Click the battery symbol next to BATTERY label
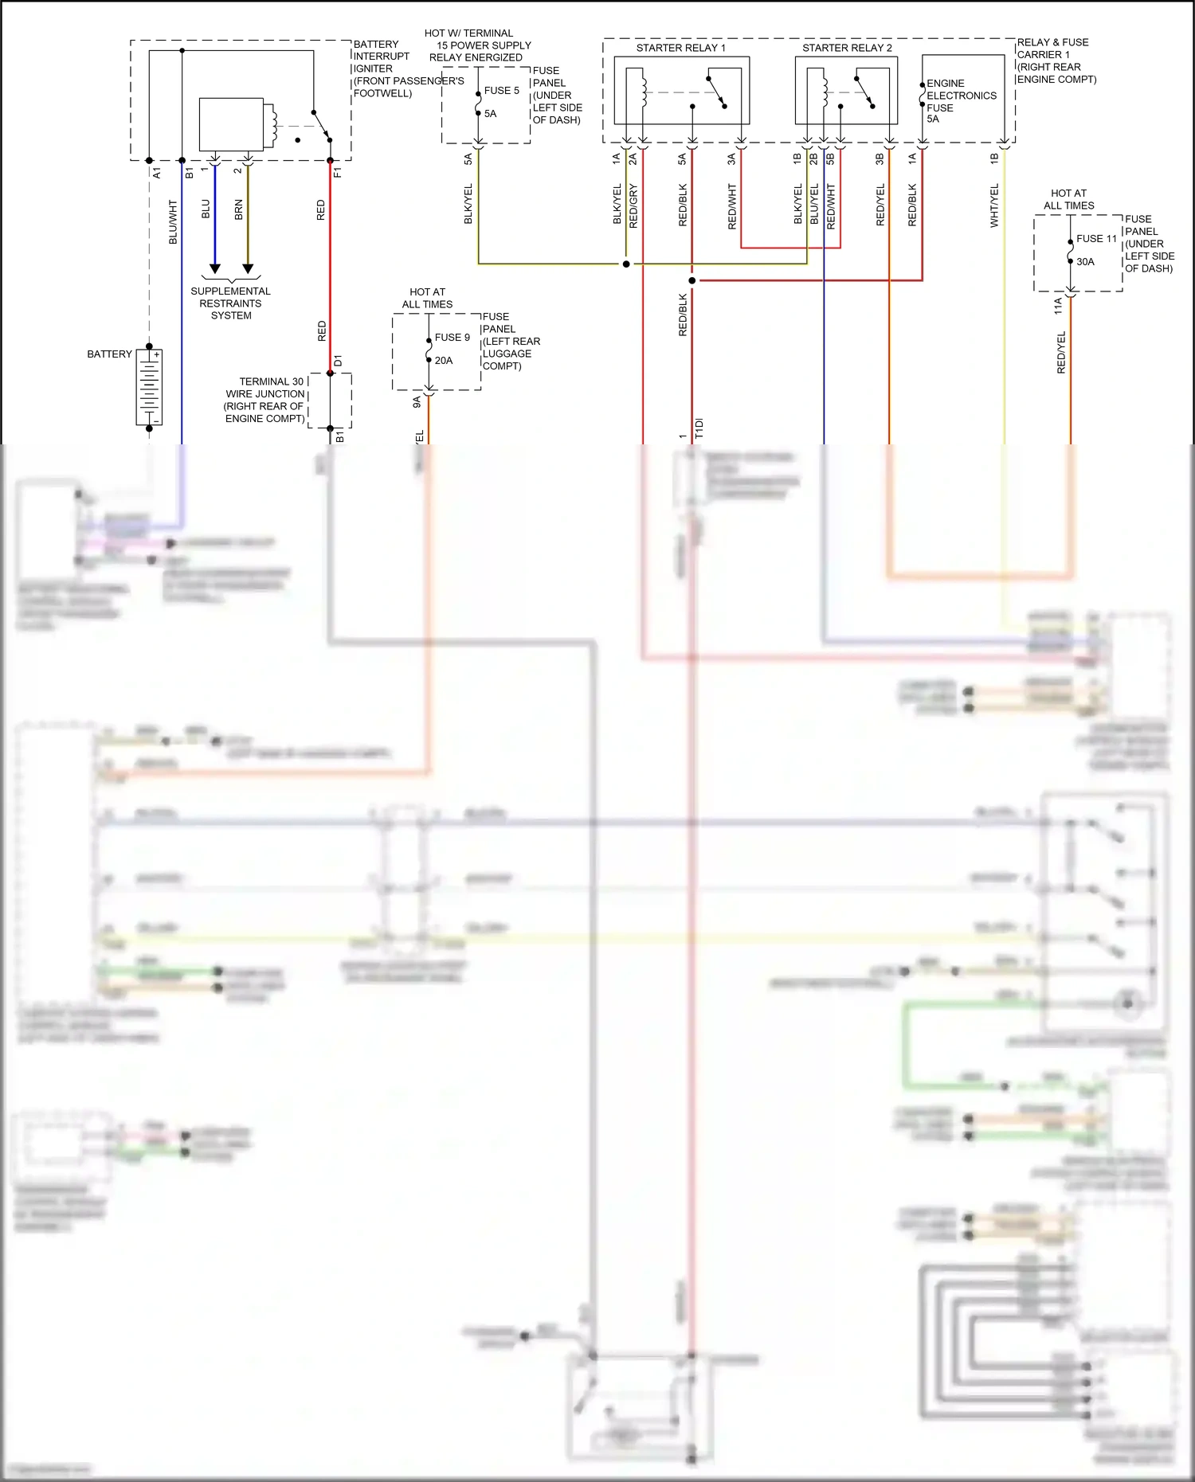pyautogui.click(x=149, y=387)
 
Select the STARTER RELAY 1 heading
pyautogui.click(x=680, y=48)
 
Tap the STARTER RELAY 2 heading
pyautogui.click(x=847, y=48)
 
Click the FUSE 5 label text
pyautogui.click(x=501, y=91)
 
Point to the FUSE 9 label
pyautogui.click(x=452, y=338)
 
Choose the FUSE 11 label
pyautogui.click(x=1096, y=239)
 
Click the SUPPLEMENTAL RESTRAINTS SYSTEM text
pyautogui.click(x=230, y=303)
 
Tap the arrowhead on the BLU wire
pyautogui.click(x=214, y=269)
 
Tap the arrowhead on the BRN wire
pyautogui.click(x=248, y=269)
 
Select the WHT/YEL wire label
pyautogui.click(x=994, y=205)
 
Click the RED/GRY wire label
pyautogui.click(x=633, y=206)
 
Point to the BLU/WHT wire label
pyautogui.click(x=173, y=221)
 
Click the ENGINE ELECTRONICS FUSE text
pyautogui.click(x=960, y=96)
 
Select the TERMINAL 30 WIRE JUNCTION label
pyautogui.click(x=264, y=400)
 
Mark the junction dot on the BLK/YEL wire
pyautogui.click(x=626, y=264)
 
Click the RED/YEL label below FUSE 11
pyautogui.click(x=1060, y=352)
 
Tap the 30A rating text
pyautogui.click(x=1085, y=262)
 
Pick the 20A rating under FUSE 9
pyautogui.click(x=444, y=361)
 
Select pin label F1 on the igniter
pyautogui.click(x=337, y=172)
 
